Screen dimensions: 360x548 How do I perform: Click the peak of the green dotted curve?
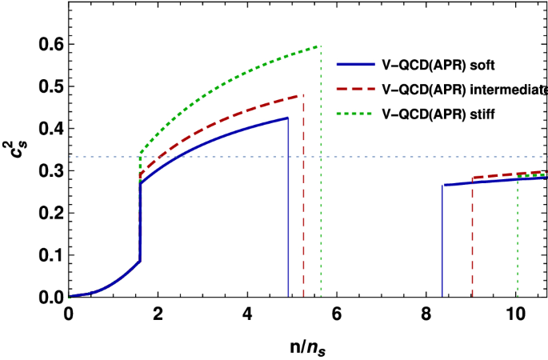[x=319, y=46]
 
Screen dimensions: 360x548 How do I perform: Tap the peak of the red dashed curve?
[x=302, y=95]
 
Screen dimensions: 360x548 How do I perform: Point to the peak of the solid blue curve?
[x=287, y=118]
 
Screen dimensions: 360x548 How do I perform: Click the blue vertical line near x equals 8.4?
[x=442, y=240]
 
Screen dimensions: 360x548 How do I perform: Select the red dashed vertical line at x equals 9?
[x=472, y=240]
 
